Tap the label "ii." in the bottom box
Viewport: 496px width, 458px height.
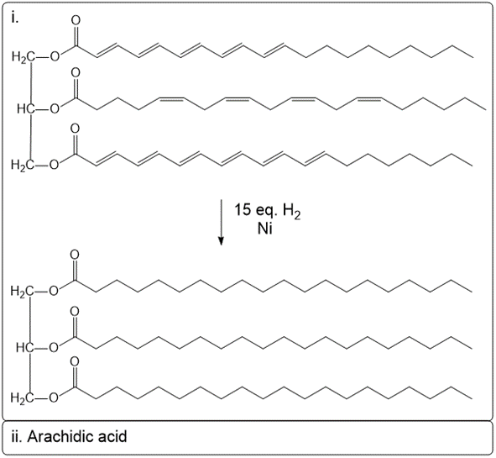pyautogui.click(x=18, y=437)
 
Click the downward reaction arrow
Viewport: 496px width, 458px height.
pyautogui.click(x=221, y=222)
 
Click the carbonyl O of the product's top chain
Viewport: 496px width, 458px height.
pyautogui.click(x=77, y=255)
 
